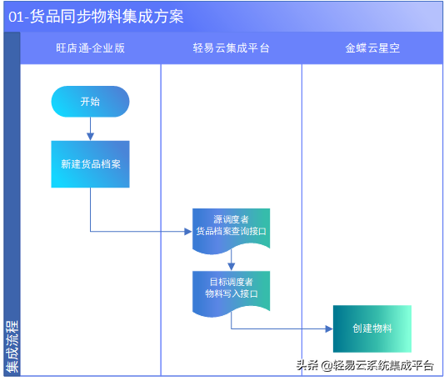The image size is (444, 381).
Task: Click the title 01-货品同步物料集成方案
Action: (x=96, y=17)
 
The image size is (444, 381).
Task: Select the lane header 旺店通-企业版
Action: (x=90, y=48)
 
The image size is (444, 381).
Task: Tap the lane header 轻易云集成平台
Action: (x=231, y=48)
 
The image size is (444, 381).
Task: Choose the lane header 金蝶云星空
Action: (x=372, y=48)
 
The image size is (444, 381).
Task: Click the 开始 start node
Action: (x=90, y=102)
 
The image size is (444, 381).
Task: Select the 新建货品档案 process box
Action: (x=90, y=163)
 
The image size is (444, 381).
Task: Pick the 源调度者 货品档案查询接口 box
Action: (x=231, y=226)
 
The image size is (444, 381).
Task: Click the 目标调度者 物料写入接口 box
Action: (x=231, y=288)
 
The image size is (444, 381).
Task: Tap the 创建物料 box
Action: (x=372, y=328)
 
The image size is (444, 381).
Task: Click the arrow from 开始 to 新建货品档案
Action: (x=90, y=128)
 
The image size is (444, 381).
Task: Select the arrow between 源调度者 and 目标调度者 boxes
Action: (x=231, y=261)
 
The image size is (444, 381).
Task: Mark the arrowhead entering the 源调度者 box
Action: (x=188, y=232)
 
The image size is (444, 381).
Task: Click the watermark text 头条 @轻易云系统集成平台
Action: (x=365, y=365)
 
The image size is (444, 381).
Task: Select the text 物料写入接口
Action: (x=231, y=293)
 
